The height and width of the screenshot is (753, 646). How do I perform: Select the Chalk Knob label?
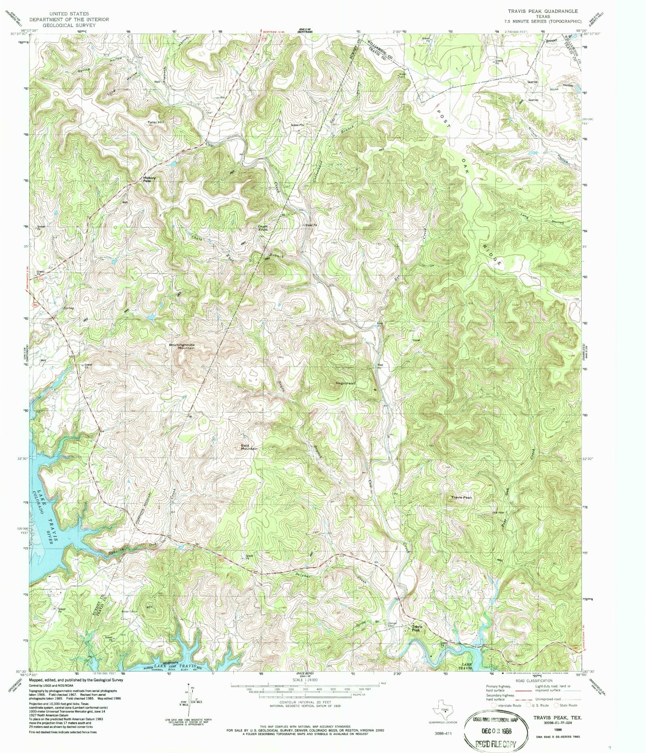pyautogui.click(x=263, y=228)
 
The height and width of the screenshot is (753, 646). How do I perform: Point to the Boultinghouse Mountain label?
pyautogui.click(x=182, y=346)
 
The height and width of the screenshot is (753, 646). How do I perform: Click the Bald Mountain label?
pyautogui.click(x=249, y=447)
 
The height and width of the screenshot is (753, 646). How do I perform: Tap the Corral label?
pyautogui.click(x=416, y=340)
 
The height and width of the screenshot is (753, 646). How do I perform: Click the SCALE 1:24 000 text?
pyautogui.click(x=304, y=680)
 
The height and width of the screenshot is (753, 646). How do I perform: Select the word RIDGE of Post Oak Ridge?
pyautogui.click(x=492, y=254)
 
